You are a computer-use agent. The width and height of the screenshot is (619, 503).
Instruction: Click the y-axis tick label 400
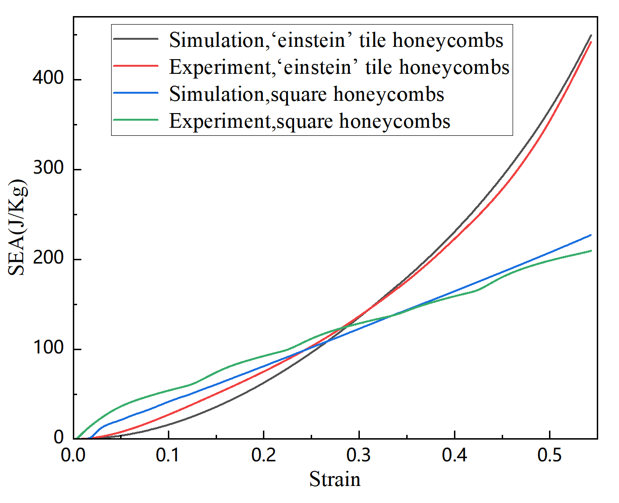(48, 78)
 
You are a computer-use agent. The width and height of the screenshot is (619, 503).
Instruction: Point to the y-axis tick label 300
(48, 168)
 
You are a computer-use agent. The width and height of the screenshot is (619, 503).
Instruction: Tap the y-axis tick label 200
(48, 258)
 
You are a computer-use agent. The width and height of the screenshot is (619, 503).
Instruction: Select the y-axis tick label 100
(48, 348)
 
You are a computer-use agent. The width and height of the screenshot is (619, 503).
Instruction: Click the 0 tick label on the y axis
(59, 438)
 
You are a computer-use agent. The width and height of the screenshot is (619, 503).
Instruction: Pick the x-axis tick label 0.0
(73, 455)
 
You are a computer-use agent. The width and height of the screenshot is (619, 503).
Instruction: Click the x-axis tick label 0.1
(168, 455)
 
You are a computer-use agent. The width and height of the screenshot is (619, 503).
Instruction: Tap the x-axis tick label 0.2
(263, 455)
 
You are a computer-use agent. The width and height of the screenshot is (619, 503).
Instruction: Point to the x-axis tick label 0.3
(359, 455)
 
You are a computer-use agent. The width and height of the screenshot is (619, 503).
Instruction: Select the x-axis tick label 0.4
(454, 455)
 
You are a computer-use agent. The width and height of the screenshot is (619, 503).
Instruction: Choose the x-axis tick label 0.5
(549, 455)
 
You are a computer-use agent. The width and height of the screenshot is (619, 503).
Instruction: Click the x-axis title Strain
(335, 479)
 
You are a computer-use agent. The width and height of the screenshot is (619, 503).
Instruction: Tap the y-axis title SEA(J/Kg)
(18, 227)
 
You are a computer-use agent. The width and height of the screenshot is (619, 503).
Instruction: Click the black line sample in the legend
(136, 39)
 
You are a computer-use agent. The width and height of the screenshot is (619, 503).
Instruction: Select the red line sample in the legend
(136, 66)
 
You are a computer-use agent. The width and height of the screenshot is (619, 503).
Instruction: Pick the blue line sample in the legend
(136, 93)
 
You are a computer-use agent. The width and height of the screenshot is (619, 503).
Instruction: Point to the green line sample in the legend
(136, 120)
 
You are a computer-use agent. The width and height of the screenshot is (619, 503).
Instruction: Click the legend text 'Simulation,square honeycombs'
(306, 94)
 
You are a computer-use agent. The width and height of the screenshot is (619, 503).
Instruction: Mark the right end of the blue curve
(591, 235)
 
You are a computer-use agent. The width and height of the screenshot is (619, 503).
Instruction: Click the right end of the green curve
(591, 251)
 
